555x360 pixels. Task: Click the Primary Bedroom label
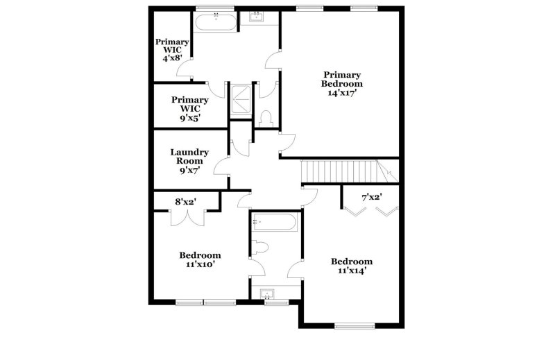point(342,79)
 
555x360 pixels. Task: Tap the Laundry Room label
point(189,157)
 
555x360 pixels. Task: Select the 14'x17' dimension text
point(342,94)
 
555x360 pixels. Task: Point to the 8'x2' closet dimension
point(186,202)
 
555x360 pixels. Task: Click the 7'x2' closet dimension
point(371,197)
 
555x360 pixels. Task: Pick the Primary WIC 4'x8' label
point(172,50)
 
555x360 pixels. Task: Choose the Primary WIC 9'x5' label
point(190,109)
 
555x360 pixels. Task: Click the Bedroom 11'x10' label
point(200,259)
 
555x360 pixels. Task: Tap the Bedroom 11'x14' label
point(352,266)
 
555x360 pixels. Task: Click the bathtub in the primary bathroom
point(216,22)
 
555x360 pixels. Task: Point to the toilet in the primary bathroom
point(266,118)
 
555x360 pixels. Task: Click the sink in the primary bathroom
point(256,16)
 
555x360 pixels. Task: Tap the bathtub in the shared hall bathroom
point(275,222)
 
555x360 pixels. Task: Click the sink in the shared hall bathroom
point(267,293)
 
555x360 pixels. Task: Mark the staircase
point(350,171)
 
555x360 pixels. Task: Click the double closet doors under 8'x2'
point(187,218)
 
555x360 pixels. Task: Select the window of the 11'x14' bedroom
point(355,325)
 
